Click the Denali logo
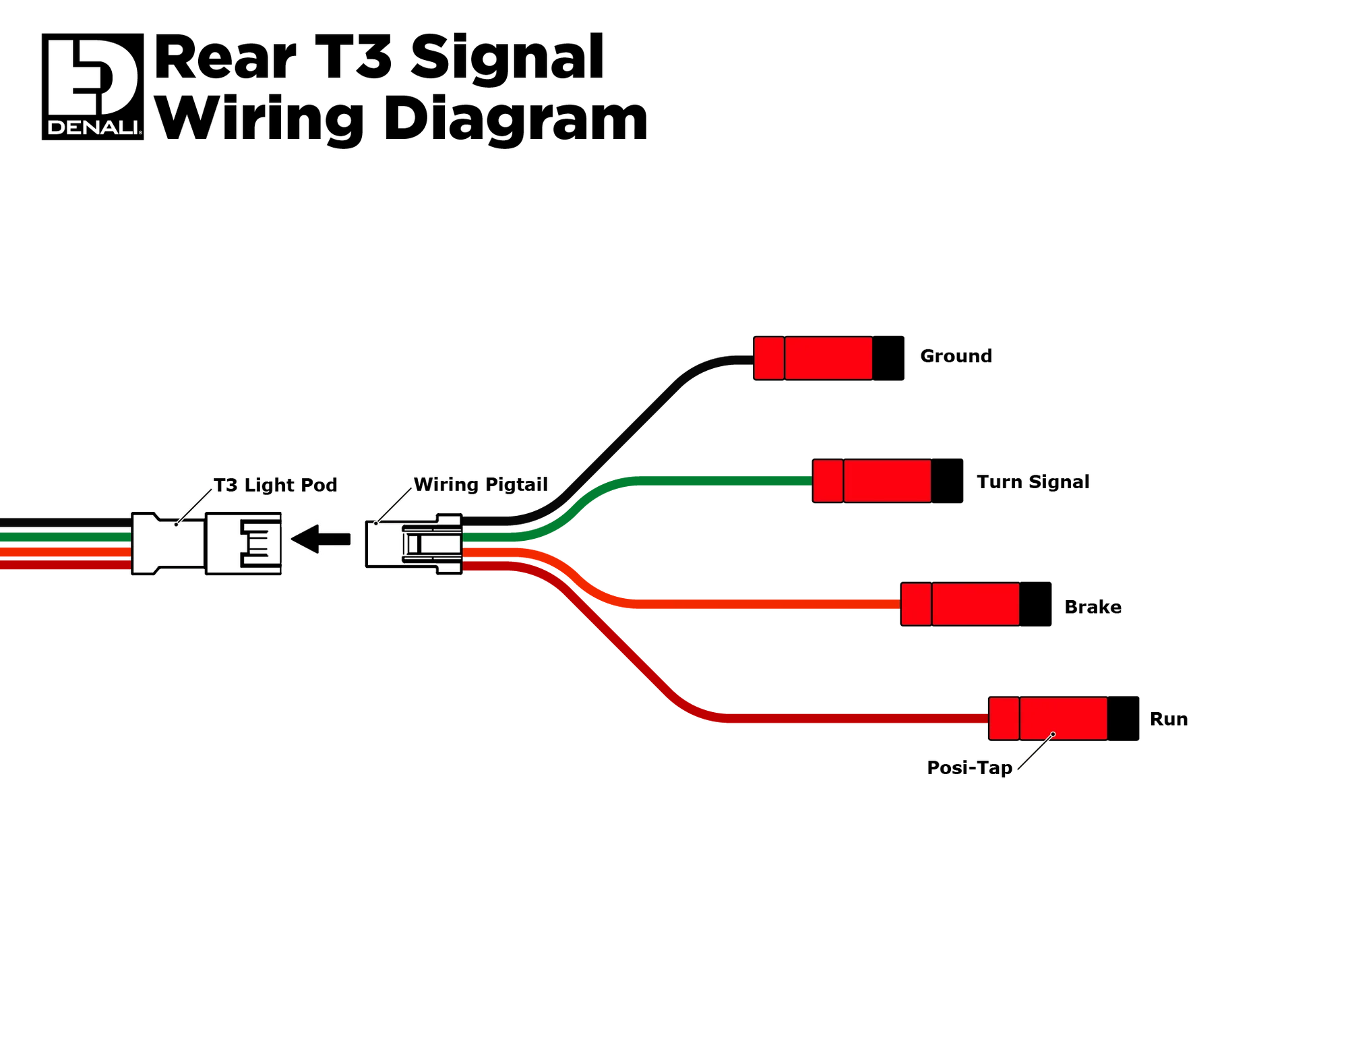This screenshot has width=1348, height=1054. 92,86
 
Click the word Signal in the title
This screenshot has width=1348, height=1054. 507,58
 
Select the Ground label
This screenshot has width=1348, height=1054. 956,356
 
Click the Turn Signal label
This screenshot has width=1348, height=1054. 1033,482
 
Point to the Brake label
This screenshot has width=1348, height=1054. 1093,607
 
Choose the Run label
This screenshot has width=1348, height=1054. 1169,719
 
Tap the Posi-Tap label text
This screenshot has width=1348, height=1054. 969,767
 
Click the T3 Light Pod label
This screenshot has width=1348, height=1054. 275,486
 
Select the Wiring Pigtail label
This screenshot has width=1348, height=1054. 481,485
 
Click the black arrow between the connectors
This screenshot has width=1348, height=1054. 321,539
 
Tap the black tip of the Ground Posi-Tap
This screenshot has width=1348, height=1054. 888,358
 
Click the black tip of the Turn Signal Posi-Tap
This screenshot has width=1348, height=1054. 947,481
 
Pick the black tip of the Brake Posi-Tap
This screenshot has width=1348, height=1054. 1035,604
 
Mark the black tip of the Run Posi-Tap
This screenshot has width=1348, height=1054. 1123,719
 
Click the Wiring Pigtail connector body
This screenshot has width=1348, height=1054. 414,544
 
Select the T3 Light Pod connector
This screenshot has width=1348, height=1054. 206,544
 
